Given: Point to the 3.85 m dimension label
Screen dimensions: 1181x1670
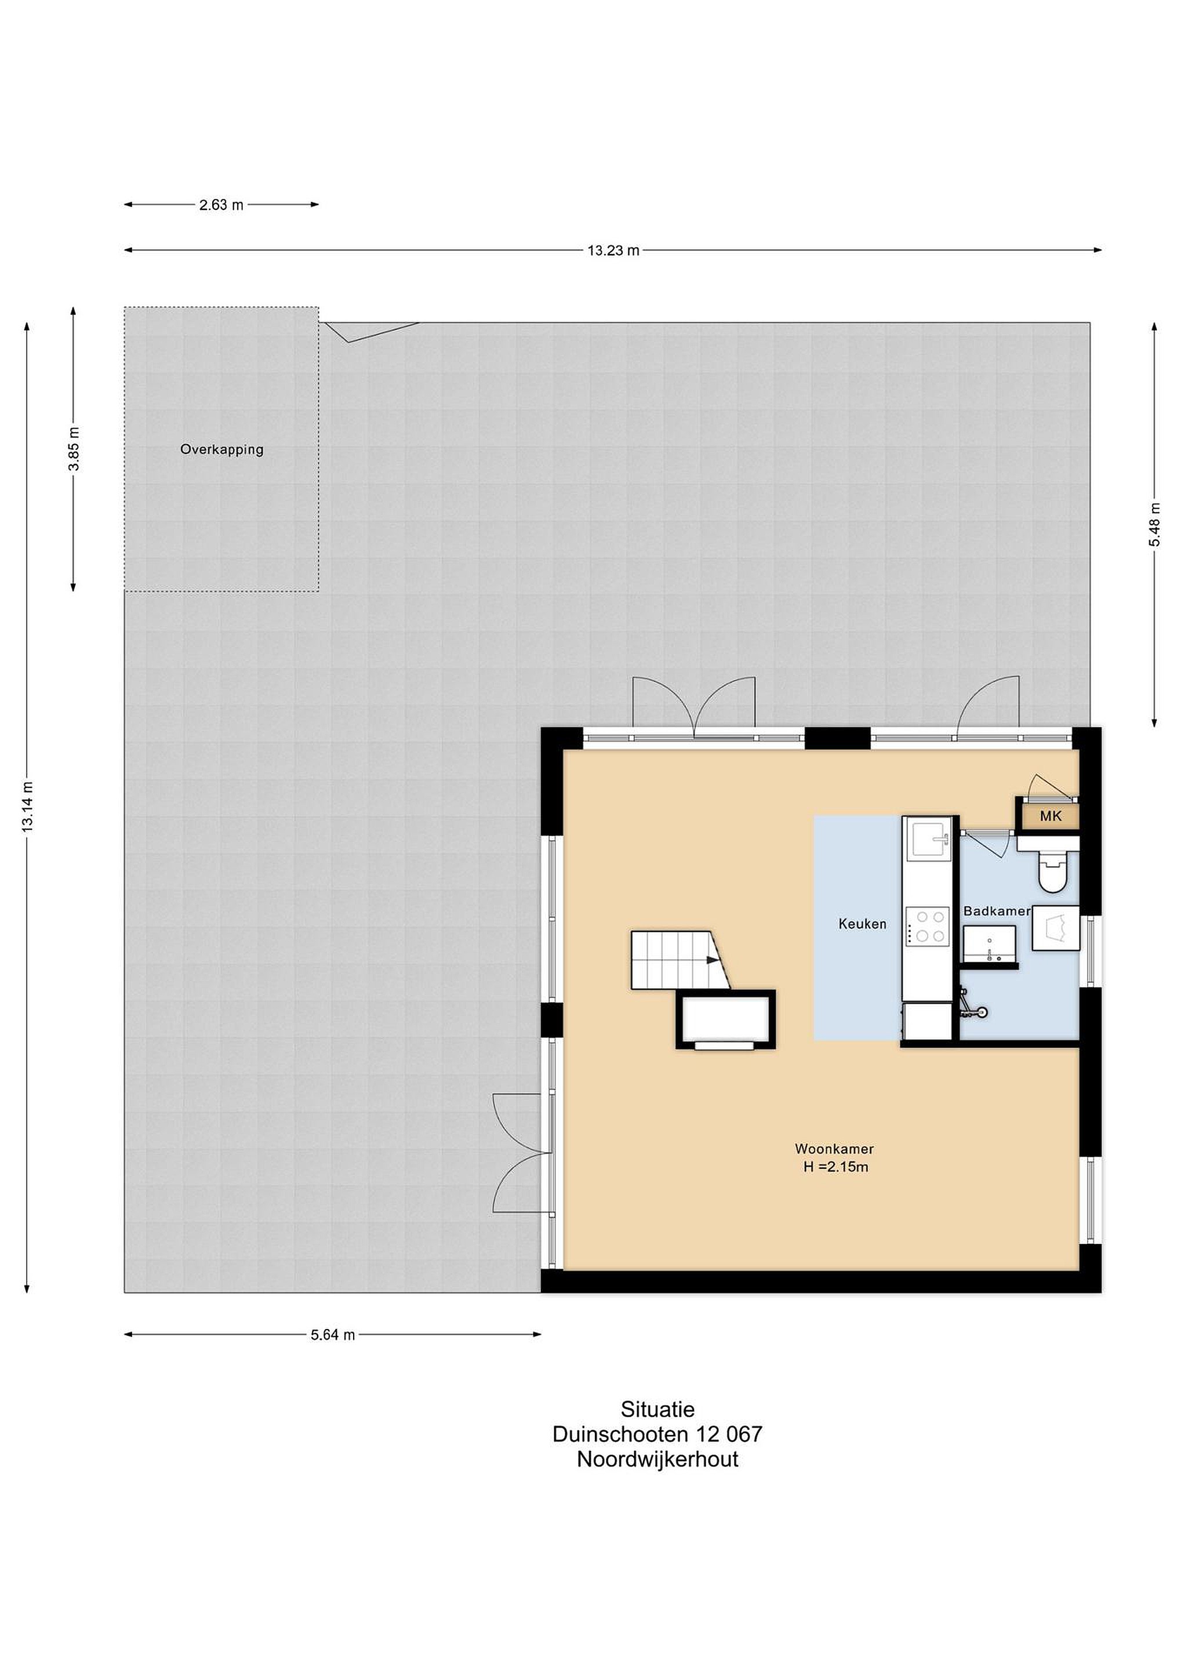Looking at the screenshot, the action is [x=74, y=449].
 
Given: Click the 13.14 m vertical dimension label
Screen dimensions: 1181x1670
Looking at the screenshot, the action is [x=28, y=807].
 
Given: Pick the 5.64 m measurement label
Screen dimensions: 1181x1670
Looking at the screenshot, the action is [x=333, y=1335].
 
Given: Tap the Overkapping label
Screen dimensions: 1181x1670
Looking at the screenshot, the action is [x=222, y=449].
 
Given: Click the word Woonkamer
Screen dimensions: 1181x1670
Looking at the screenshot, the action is [x=834, y=1149].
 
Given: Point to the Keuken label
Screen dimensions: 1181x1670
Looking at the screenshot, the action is [x=863, y=924].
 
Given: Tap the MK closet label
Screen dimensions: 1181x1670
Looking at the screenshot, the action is [x=1051, y=816].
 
